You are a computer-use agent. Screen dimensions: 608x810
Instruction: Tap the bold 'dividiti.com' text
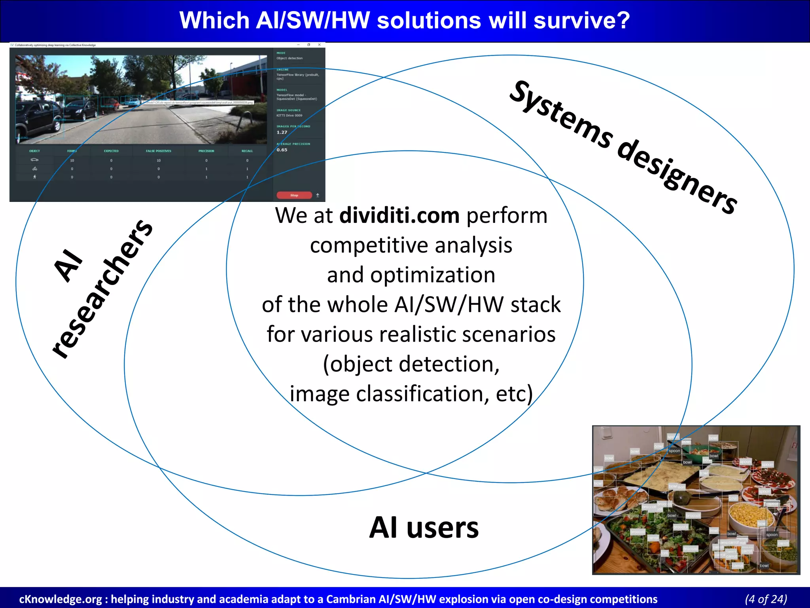pyautogui.click(x=399, y=216)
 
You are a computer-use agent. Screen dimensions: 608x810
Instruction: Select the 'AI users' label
pyautogui.click(x=424, y=528)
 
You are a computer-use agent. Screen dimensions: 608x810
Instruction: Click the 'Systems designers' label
pyautogui.click(x=623, y=147)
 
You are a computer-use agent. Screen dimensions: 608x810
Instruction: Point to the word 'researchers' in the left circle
pyautogui.click(x=102, y=289)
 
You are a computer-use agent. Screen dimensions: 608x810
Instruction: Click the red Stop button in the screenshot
pyautogui.click(x=294, y=195)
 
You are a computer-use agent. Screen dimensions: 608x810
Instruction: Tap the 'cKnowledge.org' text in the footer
pyautogui.click(x=60, y=599)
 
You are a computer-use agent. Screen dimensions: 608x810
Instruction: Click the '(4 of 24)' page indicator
pyautogui.click(x=766, y=599)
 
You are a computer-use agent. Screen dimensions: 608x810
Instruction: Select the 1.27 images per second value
pyautogui.click(x=282, y=133)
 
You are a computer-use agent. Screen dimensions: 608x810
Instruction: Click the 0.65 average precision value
pyautogui.click(x=282, y=150)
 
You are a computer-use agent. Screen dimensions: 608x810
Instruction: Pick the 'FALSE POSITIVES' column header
pyautogui.click(x=158, y=151)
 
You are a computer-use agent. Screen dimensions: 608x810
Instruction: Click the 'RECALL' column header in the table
pyautogui.click(x=247, y=151)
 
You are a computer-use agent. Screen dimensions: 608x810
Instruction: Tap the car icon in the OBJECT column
pyautogui.click(x=34, y=160)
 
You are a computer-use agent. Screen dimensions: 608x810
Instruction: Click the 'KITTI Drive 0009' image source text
pyautogui.click(x=289, y=116)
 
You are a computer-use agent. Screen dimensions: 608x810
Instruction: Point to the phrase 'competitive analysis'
pyautogui.click(x=411, y=245)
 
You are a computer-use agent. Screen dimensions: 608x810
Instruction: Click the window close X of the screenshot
pyautogui.click(x=319, y=45)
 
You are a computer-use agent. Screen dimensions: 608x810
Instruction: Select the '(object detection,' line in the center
pyautogui.click(x=411, y=364)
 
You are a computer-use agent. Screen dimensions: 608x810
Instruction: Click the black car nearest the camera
pyautogui.click(x=38, y=119)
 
